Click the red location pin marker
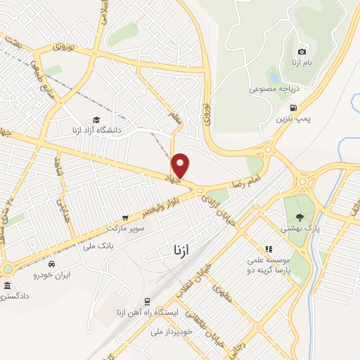[x=181, y=165]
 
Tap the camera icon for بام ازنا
[x=302, y=51]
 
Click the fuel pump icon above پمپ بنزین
[x=293, y=108]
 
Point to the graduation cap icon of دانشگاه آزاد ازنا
[x=96, y=120]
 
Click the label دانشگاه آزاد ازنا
[x=96, y=130]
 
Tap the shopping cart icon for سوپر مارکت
[x=125, y=218]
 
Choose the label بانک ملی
[x=97, y=245]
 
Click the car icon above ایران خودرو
[x=53, y=262]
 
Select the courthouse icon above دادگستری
[x=8, y=285]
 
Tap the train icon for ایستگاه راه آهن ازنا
[x=147, y=300]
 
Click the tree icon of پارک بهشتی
[x=300, y=217]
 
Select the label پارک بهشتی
[x=304, y=229]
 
